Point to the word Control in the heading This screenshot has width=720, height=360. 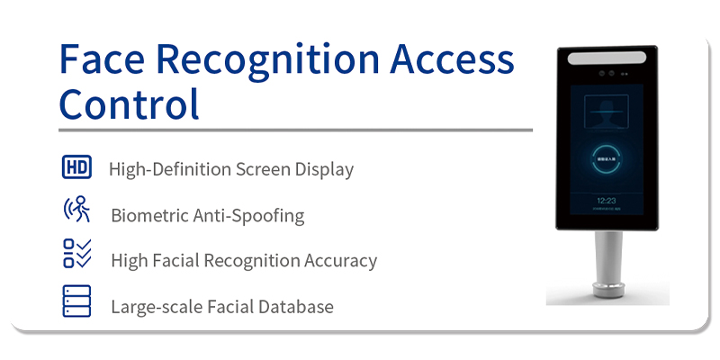point(129,104)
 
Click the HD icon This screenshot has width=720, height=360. point(76,167)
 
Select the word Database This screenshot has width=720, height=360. point(294,307)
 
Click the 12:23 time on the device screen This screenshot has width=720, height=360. point(607,200)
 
